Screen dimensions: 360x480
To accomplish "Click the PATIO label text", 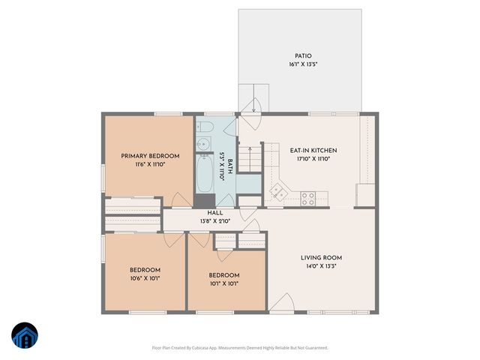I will tap(303, 55).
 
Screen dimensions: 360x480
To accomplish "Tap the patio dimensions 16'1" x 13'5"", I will tap(303, 65).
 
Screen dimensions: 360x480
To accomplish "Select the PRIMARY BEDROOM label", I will tap(150, 156).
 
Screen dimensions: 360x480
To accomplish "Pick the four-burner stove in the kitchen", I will tap(307, 198).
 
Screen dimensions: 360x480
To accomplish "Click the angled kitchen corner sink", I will tap(279, 192).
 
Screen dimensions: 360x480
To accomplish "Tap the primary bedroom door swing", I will tap(181, 199).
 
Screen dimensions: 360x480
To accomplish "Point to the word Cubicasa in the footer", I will tap(201, 348).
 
